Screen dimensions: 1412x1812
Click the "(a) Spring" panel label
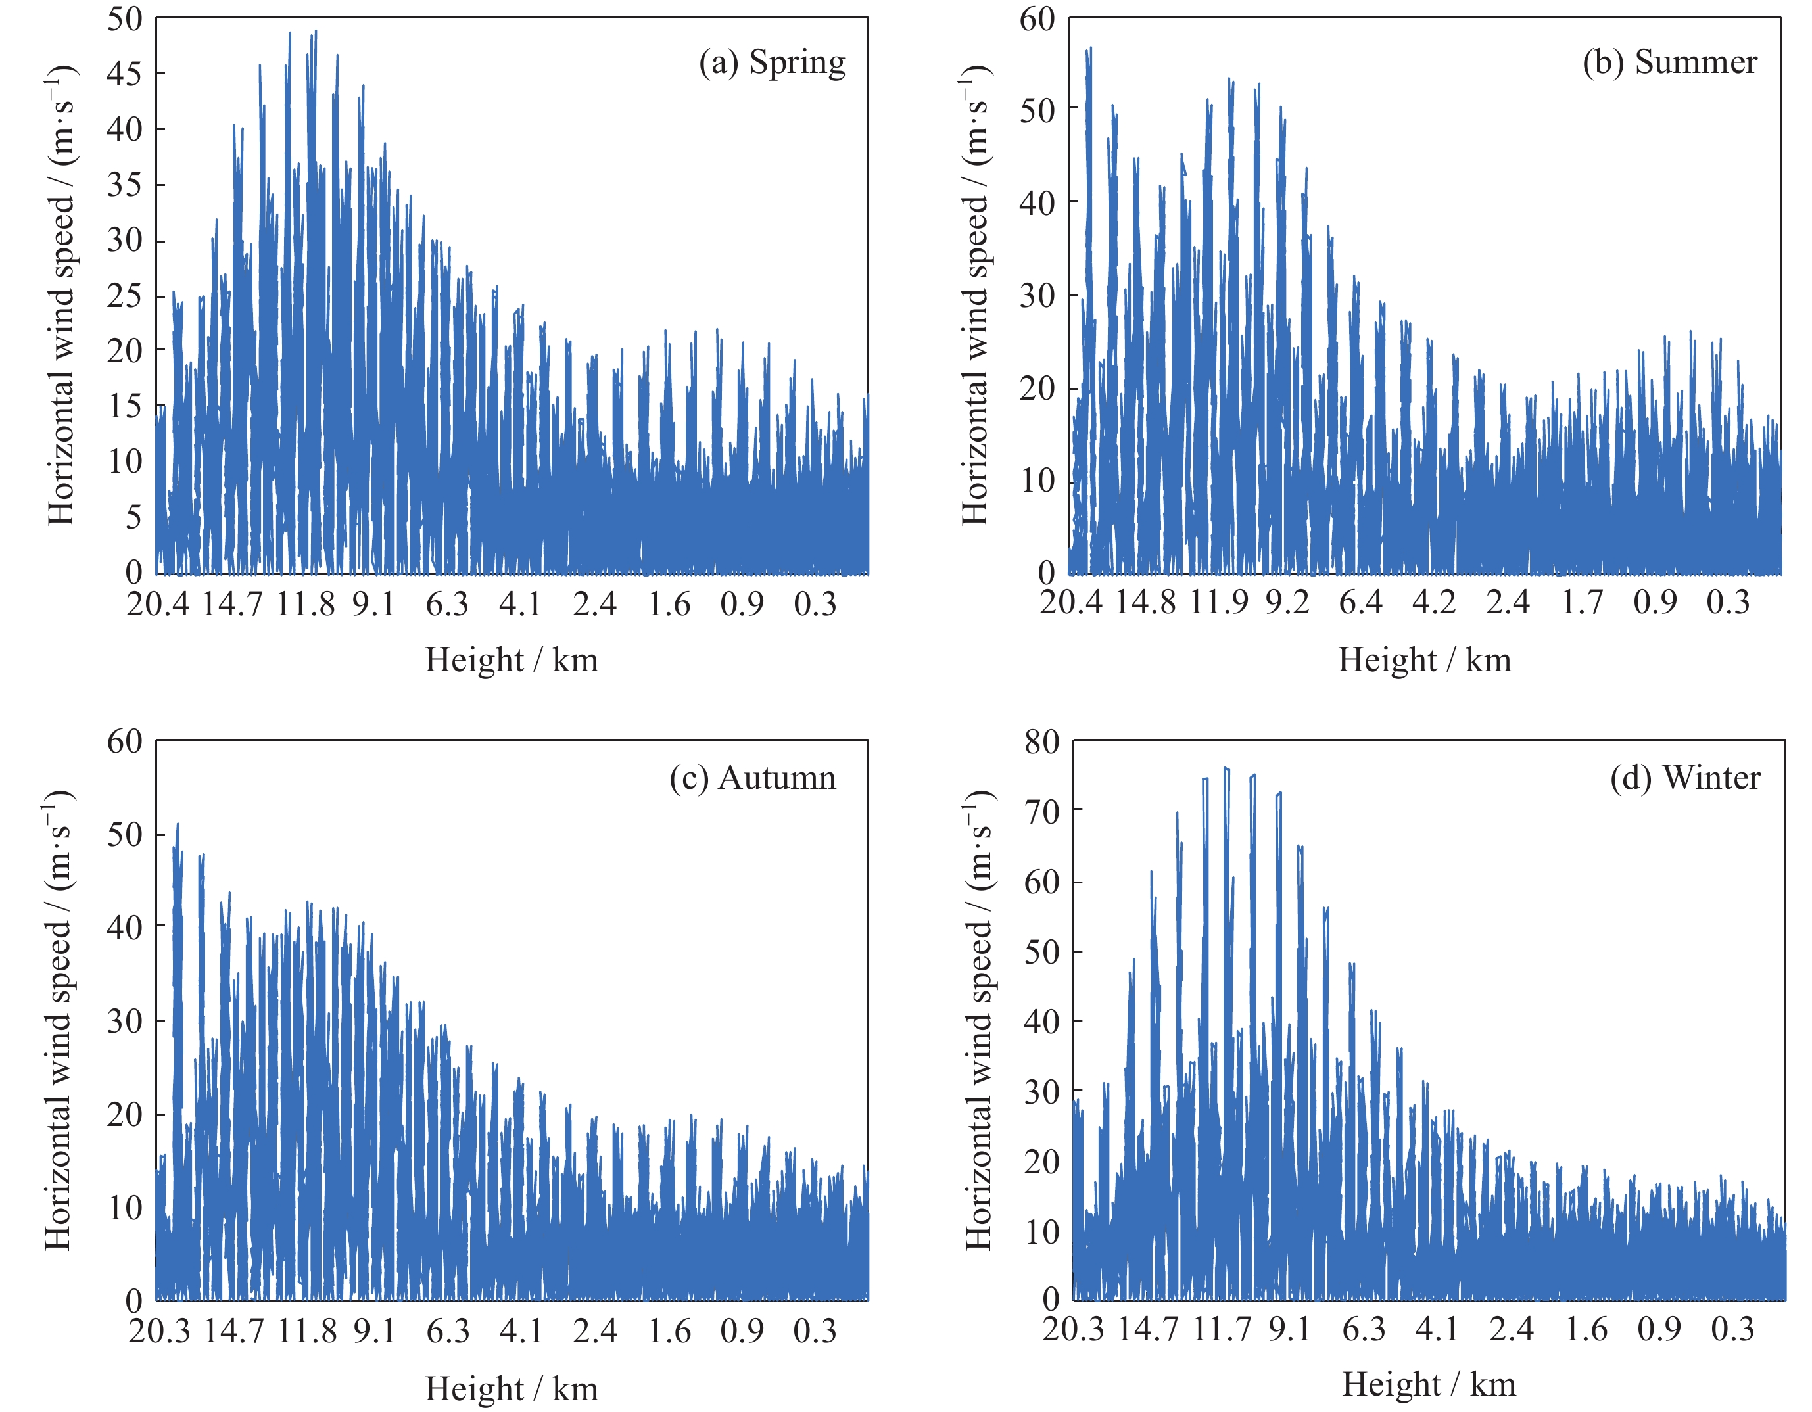click(772, 63)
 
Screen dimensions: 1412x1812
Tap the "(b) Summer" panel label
click(1669, 63)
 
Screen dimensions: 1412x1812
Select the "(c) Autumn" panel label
click(753, 778)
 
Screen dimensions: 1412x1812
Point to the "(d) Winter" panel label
click(1685, 778)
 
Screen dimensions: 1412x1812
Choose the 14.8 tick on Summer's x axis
click(1145, 602)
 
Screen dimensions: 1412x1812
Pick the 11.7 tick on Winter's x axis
click(1222, 1329)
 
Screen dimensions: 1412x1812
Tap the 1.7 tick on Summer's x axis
click(1582, 602)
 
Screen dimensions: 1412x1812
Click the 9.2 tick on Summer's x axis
click(1287, 602)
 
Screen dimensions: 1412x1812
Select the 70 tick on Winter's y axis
click(1042, 811)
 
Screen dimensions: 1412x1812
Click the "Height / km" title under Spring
click(511, 661)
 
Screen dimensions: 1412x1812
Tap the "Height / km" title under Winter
click(1429, 1384)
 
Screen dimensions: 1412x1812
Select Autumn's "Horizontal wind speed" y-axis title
click(58, 1020)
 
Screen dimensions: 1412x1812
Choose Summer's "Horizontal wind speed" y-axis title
click(976, 294)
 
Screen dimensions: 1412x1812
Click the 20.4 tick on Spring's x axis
click(158, 604)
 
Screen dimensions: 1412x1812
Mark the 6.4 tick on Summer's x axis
click(1361, 602)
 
